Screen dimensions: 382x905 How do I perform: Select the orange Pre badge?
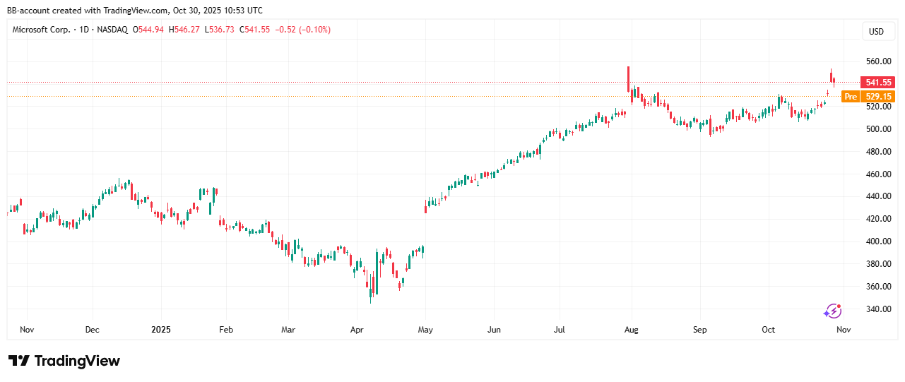(851, 97)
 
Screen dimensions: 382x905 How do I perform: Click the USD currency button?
(876, 31)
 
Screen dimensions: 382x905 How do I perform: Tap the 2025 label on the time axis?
(160, 330)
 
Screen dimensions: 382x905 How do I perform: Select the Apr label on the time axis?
(357, 330)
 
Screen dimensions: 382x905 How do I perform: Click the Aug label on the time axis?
(631, 330)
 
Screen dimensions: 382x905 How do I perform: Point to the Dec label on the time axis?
(92, 330)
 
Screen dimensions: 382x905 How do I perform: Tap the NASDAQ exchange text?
(112, 30)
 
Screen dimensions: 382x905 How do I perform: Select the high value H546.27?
(185, 30)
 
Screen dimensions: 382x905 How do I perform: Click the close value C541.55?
(254, 30)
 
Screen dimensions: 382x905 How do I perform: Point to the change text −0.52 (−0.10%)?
(302, 30)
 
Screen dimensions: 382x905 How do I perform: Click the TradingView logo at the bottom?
(64, 361)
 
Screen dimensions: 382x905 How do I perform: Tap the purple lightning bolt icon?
(832, 311)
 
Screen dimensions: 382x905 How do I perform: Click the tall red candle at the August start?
(628, 79)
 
